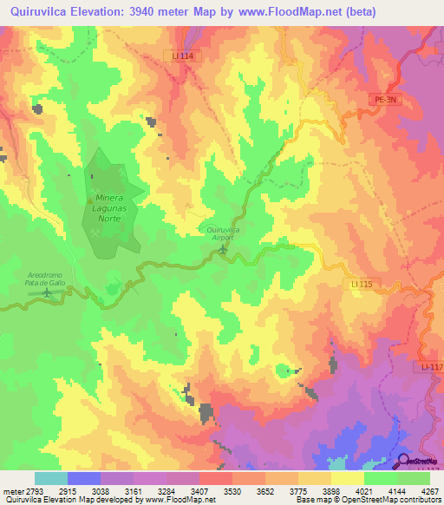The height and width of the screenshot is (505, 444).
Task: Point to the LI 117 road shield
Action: [x=432, y=369]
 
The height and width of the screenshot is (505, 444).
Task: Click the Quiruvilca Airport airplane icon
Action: [x=223, y=250]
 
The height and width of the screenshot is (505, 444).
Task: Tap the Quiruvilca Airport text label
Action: [x=223, y=233]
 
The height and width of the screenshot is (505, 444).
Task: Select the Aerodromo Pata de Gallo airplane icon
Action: [x=46, y=292]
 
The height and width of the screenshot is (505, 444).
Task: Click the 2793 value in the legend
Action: [x=35, y=492]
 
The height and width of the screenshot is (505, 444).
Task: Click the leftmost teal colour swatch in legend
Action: [x=50, y=478]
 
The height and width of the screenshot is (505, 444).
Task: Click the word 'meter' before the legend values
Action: [x=12, y=492]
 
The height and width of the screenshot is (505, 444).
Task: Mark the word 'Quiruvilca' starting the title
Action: [x=36, y=11]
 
